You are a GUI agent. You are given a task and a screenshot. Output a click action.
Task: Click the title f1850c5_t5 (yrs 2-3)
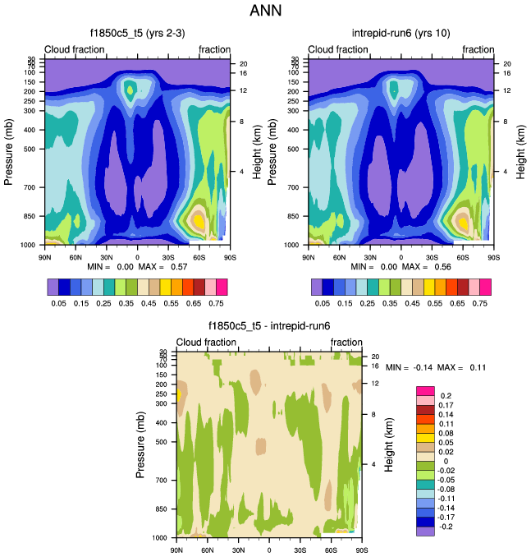click(x=136, y=34)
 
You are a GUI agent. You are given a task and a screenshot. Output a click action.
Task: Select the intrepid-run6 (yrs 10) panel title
click(x=401, y=34)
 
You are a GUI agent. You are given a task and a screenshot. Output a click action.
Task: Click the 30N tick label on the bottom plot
click(x=238, y=550)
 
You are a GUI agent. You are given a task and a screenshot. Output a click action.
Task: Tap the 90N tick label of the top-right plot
click(x=309, y=257)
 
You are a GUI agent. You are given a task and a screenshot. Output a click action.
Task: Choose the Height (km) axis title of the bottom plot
click(x=389, y=444)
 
